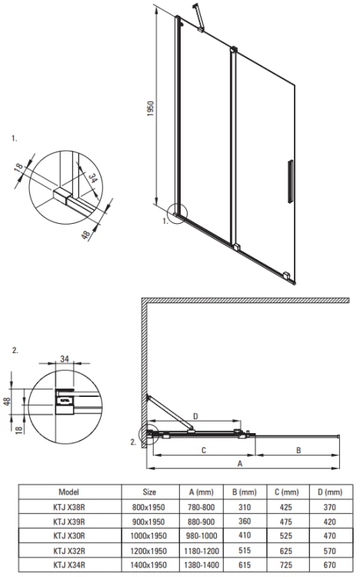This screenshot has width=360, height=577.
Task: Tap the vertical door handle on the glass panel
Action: (290, 183)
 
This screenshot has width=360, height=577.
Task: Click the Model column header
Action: (68, 492)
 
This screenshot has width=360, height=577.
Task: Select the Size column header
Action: (149, 492)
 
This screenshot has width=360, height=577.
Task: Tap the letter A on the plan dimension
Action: (240, 464)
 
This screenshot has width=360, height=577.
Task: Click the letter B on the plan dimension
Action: (297, 449)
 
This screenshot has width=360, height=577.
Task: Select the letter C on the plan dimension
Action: (202, 449)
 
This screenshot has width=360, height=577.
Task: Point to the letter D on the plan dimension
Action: (195, 416)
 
